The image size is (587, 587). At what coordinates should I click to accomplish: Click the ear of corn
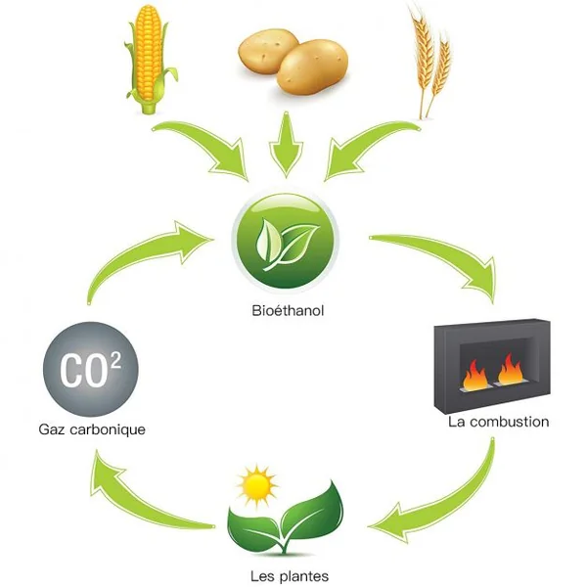150,60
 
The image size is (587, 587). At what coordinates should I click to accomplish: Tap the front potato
313,68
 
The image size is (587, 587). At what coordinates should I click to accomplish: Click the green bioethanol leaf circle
286,242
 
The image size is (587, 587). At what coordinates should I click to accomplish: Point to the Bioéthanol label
288,311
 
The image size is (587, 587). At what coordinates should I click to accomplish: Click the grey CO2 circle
91,369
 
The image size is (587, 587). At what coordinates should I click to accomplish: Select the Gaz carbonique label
92,429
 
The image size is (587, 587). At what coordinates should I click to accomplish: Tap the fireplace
492,366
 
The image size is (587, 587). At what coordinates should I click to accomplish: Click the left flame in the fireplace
474,376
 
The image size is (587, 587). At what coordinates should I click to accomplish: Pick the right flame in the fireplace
511,370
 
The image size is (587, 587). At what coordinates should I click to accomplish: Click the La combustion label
499,422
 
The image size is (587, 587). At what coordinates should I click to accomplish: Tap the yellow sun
256,486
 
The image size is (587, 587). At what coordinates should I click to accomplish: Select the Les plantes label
290,576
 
